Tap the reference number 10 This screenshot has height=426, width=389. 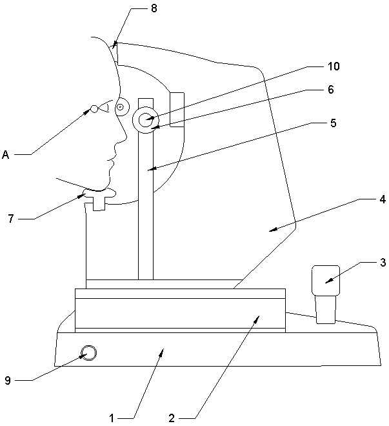point(334,66)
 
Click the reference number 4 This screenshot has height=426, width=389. point(382,199)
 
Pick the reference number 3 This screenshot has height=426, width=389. point(383,263)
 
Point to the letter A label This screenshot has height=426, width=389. point(6,154)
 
